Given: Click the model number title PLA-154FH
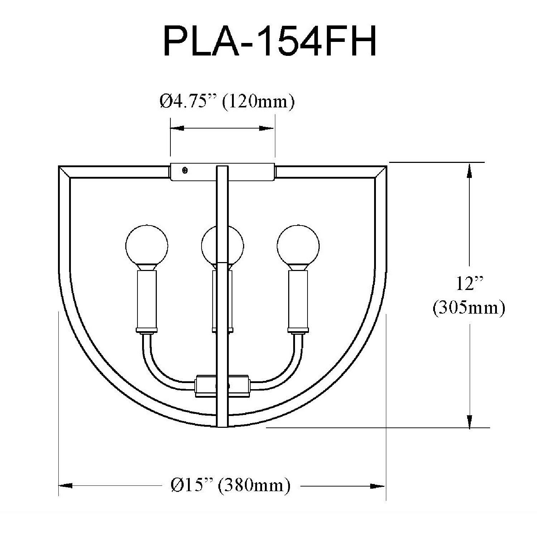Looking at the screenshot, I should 270,41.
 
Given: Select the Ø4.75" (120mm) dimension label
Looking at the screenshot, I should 227,102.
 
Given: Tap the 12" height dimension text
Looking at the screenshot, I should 469,284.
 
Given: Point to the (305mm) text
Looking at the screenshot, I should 469,308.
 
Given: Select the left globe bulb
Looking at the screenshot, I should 146,246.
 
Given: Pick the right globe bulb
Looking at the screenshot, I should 298,246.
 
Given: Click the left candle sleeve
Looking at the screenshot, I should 146,299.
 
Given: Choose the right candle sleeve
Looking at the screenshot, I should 298,299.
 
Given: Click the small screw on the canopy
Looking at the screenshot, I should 185,171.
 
